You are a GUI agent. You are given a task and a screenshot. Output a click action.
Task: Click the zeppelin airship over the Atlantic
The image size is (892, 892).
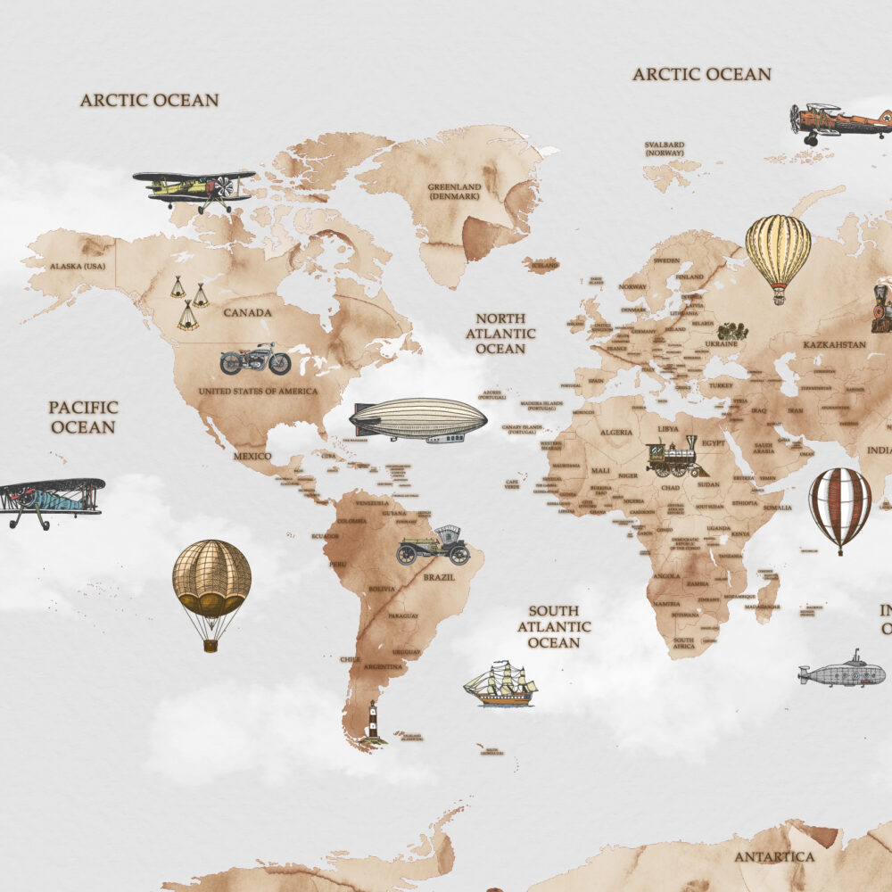(x=418, y=419)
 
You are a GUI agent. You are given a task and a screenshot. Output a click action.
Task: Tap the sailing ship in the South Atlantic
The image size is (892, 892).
(x=500, y=684)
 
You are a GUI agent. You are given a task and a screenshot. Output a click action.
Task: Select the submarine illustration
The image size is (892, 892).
(x=842, y=672)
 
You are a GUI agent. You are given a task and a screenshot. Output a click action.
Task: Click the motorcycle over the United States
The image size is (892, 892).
(x=255, y=359)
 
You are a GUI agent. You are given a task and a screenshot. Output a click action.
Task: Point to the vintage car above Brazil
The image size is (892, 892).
(x=434, y=546)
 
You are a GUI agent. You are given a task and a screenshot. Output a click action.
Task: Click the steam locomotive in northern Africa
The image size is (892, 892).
(x=676, y=458)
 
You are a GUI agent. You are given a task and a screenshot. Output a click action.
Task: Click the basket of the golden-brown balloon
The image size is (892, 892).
(x=211, y=644)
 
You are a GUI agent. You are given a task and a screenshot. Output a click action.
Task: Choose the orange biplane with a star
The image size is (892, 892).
(x=839, y=121)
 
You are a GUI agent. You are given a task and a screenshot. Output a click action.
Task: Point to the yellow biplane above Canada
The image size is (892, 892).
(x=195, y=188)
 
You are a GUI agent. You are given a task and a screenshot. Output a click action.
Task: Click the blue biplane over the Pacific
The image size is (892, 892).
(x=51, y=500)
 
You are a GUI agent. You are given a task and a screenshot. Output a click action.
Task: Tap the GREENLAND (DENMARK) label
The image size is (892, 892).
(x=454, y=192)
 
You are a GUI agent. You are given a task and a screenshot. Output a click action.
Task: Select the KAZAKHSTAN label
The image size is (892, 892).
(x=834, y=344)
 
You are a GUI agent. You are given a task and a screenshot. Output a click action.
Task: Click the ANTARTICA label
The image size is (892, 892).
(x=774, y=857)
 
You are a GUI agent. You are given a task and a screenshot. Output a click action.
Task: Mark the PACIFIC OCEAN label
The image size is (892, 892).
(x=83, y=417)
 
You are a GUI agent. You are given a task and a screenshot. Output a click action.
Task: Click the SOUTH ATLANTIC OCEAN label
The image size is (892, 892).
(x=554, y=627)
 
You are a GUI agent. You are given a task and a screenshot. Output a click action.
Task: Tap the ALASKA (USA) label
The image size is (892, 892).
(x=78, y=267)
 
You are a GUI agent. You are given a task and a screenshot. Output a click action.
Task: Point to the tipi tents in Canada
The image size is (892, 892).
(x=189, y=302)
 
